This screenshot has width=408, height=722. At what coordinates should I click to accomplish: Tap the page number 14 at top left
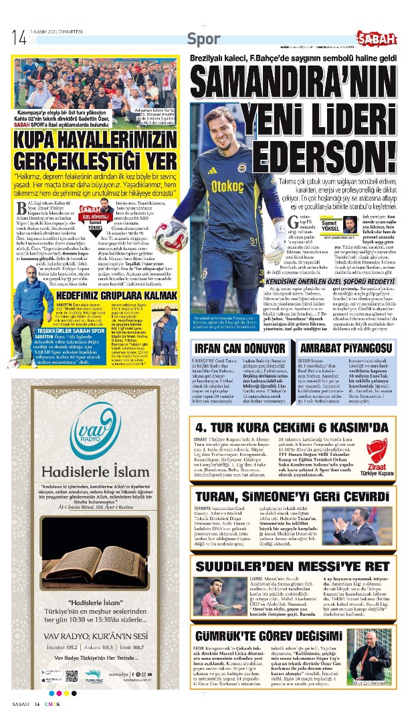point(19,38)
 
